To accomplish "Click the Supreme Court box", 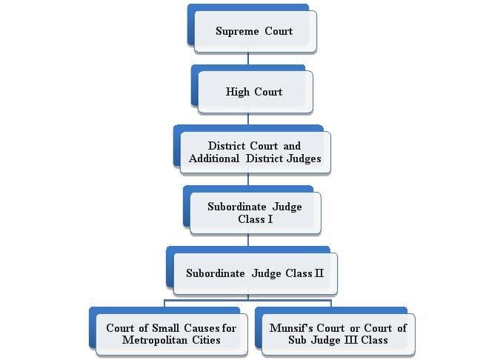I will click(x=254, y=31).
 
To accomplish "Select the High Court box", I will click(x=254, y=92).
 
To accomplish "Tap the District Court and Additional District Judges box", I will click(x=254, y=152).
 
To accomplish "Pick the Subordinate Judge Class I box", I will click(x=254, y=213).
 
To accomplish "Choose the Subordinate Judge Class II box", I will click(x=254, y=273).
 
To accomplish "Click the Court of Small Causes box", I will click(x=171, y=334).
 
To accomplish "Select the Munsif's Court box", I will click(x=338, y=334).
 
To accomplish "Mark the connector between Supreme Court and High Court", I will click(x=248, y=59).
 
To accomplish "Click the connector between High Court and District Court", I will click(x=248, y=119).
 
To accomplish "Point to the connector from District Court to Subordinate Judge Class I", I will click(x=248, y=179).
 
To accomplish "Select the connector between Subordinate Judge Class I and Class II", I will click(x=248, y=240).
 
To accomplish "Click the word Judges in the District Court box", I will click(x=305, y=159).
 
